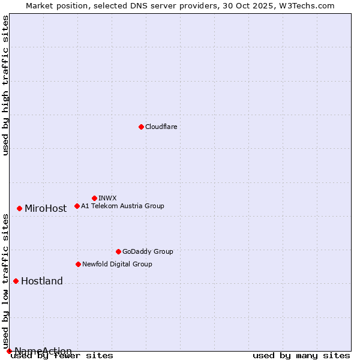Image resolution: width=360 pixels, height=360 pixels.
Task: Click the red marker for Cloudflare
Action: (141, 127)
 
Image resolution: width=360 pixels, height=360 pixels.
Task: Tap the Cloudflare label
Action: (161, 127)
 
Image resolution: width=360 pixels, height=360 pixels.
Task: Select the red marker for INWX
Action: (94, 198)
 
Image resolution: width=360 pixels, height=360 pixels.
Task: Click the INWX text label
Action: (107, 198)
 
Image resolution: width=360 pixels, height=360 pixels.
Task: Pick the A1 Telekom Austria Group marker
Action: (77, 206)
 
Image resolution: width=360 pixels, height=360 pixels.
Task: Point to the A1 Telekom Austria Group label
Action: (122, 206)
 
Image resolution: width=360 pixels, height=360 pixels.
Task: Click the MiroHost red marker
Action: (19, 208)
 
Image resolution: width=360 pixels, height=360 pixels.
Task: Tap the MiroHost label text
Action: (46, 209)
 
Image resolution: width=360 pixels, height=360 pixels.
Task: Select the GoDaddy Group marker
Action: (118, 251)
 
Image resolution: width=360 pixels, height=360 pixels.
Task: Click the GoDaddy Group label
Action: (148, 251)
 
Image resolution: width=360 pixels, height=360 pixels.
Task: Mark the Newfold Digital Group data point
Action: (78, 264)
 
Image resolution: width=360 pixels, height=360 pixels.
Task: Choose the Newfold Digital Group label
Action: (117, 264)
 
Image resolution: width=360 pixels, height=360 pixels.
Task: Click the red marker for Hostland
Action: (16, 281)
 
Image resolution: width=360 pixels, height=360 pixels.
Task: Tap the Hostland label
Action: (42, 281)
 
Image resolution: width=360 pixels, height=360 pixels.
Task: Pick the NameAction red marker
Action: (9, 351)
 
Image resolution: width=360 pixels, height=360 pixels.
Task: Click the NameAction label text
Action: (43, 351)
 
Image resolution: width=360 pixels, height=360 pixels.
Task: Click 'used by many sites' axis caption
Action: (301, 356)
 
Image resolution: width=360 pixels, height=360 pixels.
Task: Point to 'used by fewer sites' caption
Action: (62, 356)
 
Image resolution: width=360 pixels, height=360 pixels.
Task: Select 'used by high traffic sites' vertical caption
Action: (6, 85)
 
